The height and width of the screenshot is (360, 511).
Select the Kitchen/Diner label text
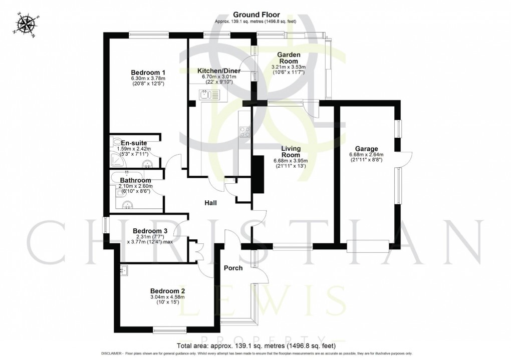pos(219,71)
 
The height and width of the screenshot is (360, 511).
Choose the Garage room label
pos(366,149)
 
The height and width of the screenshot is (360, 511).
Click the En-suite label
pos(134,143)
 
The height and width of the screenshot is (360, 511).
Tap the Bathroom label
pos(135,180)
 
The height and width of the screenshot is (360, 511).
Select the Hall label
pos(210,203)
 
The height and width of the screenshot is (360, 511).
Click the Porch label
pos(233,268)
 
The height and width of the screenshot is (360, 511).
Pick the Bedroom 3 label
pos(150,231)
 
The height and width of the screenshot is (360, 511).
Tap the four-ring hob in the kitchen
pos(245,132)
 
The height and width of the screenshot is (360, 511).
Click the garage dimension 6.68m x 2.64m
pos(366,155)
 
